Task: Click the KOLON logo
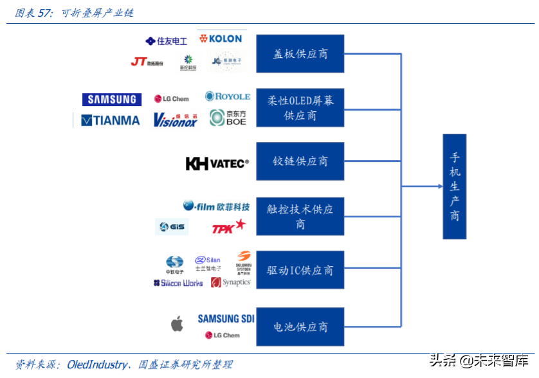(221, 39)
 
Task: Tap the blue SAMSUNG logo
(112, 99)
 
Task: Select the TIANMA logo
(111, 120)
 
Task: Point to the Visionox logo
(175, 120)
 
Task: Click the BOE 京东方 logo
(228, 118)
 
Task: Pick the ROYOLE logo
(228, 96)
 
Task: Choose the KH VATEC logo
(217, 164)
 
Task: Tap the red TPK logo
(228, 227)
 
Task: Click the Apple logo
(177, 323)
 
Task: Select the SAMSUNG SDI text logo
(226, 319)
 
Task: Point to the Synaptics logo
(231, 282)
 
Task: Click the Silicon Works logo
(178, 283)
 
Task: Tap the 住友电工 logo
(167, 41)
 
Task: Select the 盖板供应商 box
(300, 53)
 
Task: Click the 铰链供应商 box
(300, 161)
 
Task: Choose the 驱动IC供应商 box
(300, 270)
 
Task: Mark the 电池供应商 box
(300, 327)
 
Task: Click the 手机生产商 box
(454, 186)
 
